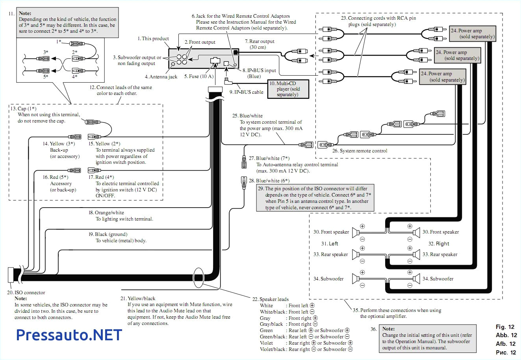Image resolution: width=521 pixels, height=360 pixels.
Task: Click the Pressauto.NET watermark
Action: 69,335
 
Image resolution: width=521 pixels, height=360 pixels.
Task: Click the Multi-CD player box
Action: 288,89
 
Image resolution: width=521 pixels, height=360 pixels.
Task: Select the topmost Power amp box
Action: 472,34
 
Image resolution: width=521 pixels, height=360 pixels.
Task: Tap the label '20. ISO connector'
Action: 26,293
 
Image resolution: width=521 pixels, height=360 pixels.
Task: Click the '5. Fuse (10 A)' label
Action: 198,76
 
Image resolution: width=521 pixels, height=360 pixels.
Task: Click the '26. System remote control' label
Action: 360,151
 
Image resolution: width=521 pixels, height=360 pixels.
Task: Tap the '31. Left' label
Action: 330,243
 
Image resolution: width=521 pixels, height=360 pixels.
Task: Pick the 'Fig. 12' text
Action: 505,327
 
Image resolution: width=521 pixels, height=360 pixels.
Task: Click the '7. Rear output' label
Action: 260,41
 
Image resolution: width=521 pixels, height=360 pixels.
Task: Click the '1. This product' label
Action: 153,39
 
